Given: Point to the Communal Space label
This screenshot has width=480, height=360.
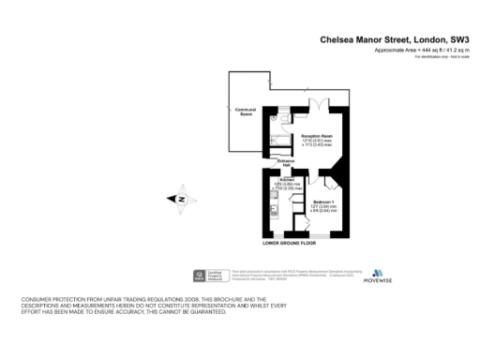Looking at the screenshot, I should (x=246, y=112).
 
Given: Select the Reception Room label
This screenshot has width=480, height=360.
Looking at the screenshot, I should (x=317, y=135).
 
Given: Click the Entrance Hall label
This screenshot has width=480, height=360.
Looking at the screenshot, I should (x=287, y=163).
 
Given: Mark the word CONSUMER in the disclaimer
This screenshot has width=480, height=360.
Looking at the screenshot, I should (x=38, y=299).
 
